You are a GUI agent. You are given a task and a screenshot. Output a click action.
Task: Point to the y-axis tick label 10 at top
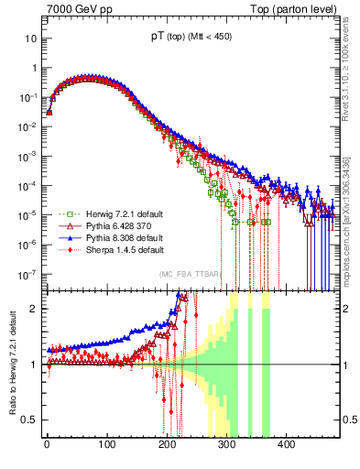(30, 38)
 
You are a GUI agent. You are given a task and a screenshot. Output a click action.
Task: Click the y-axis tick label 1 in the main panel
(33, 68)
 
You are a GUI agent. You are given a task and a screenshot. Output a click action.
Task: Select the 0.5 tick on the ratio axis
(29, 420)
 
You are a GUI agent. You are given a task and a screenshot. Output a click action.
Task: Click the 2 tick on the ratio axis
(33, 309)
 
